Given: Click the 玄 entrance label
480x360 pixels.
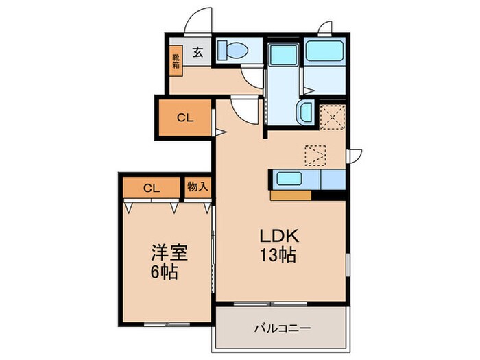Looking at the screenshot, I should [x=197, y=51].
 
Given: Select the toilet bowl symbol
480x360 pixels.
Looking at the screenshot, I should [x=235, y=50].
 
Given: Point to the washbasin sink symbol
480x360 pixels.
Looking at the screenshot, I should [x=305, y=112].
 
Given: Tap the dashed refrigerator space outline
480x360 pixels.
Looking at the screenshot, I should [x=316, y=155].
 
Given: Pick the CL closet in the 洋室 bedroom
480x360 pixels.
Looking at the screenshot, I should [x=152, y=187].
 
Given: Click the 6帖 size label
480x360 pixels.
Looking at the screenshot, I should [x=166, y=272].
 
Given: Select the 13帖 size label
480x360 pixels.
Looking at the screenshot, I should [x=277, y=256].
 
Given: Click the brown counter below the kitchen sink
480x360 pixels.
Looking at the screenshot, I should [x=291, y=195].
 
